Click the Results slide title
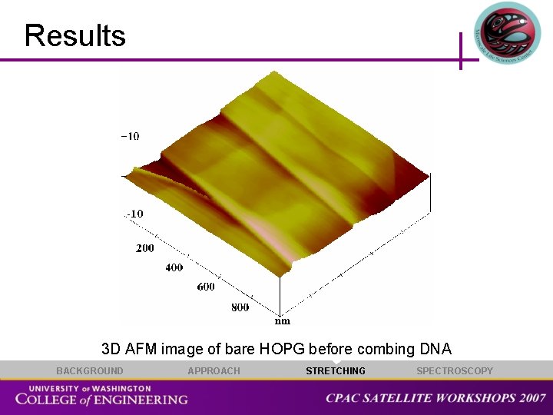coord(75,36)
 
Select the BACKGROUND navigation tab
coord(89,371)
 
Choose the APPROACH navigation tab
coord(214,371)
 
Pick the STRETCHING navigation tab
coord(336,371)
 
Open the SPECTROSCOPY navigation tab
coord(455,371)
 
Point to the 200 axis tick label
coord(145,248)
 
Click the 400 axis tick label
coord(174,267)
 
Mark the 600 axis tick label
coord(206,287)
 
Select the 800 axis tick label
coord(240,307)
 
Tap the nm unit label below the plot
coord(283,320)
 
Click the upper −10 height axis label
coord(130,137)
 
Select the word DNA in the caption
coord(435,349)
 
